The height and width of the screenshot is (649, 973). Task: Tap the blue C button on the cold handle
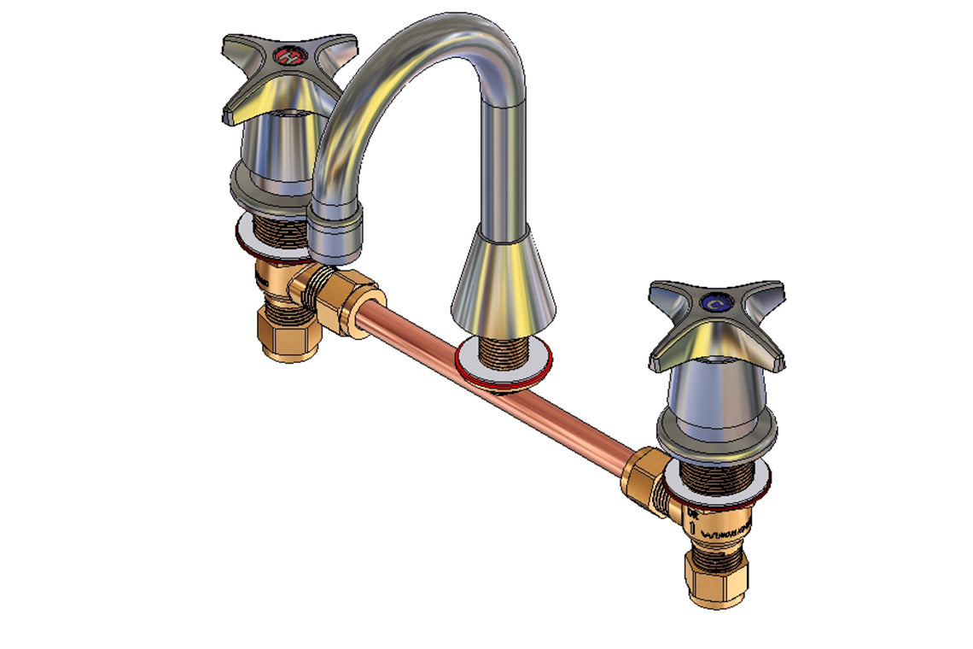tap(715, 303)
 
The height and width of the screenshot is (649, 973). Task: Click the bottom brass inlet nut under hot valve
tap(288, 336)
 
